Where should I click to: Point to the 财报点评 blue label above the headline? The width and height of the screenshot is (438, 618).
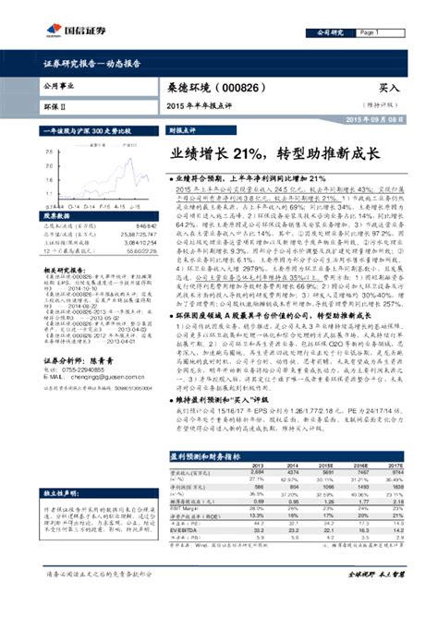click(182, 132)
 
